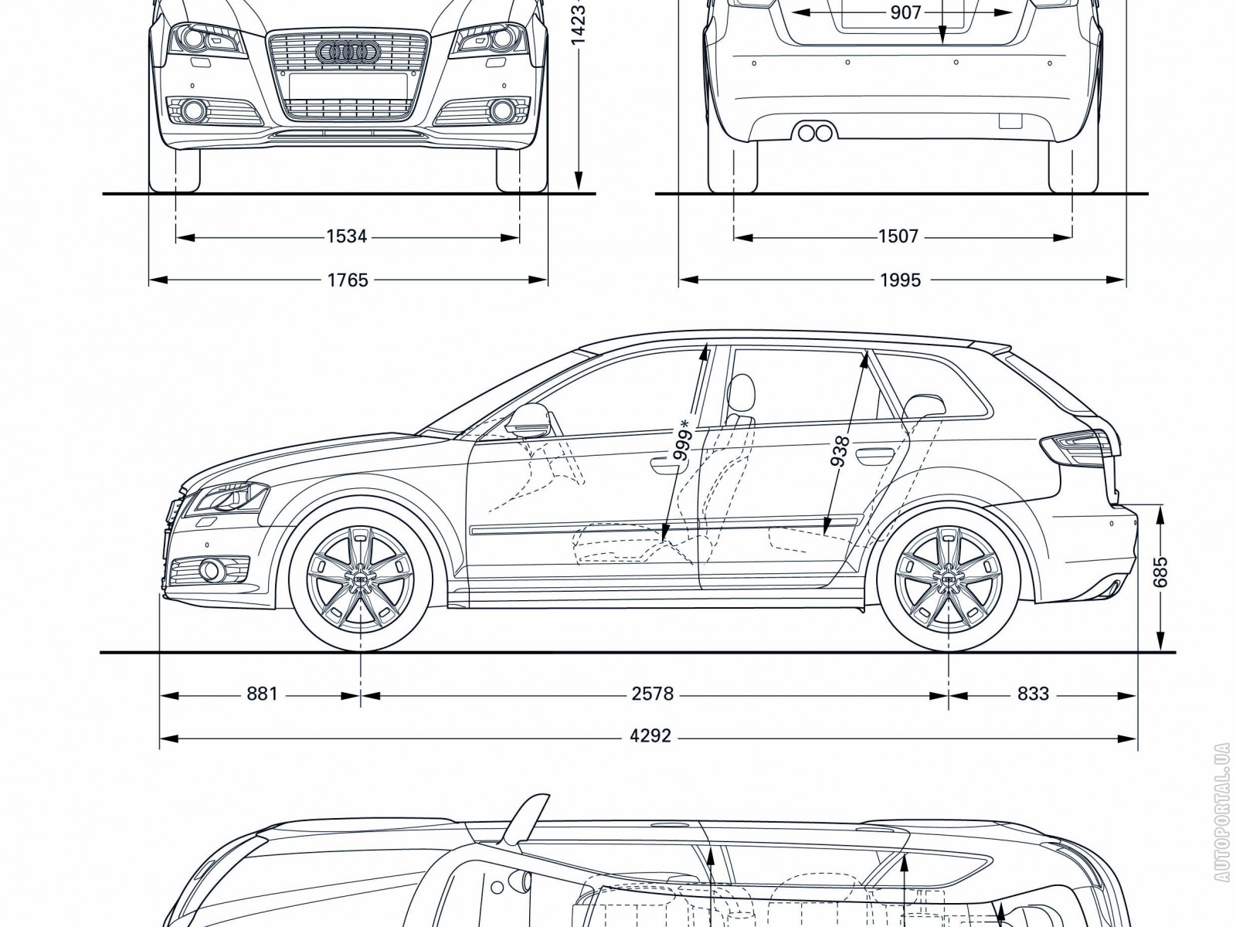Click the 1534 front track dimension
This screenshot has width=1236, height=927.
click(346, 236)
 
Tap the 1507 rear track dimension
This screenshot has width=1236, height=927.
click(898, 236)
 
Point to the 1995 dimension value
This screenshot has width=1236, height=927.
click(900, 280)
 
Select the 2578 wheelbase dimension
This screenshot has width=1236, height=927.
click(653, 694)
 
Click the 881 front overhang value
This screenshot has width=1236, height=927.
click(262, 694)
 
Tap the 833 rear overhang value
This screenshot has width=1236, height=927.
click(1033, 694)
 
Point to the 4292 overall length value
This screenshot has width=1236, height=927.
click(650, 736)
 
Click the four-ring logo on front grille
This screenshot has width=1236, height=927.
click(347, 53)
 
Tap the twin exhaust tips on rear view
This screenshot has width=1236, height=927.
click(815, 133)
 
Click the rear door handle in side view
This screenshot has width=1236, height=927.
click(871, 456)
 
